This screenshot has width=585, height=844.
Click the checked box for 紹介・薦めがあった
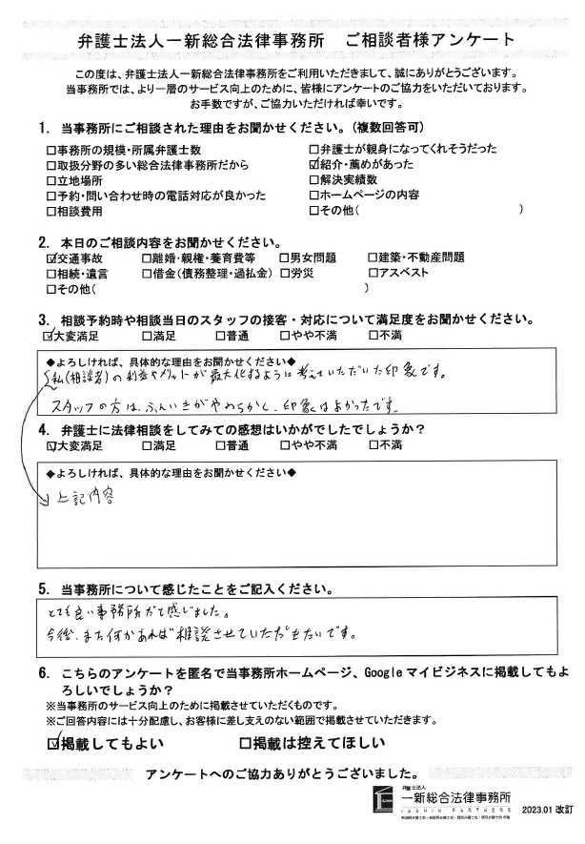tap(315, 164)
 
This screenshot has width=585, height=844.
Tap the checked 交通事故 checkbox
tap(50, 258)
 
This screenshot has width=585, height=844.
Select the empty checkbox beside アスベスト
tap(373, 273)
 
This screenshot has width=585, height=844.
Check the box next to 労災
tap(284, 273)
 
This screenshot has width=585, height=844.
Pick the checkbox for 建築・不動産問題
tap(373, 258)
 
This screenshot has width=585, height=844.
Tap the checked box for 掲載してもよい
tap(54, 741)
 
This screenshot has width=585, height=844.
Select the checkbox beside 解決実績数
tap(315, 179)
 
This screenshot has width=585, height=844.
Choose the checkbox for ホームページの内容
tap(315, 195)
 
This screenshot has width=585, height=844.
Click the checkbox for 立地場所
tap(50, 179)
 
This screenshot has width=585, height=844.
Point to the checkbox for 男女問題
tap(284, 258)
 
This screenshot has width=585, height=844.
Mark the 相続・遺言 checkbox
tap(50, 273)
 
